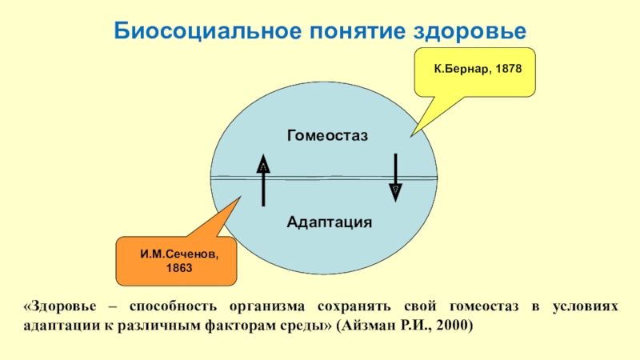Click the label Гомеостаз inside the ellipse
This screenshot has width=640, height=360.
pos(327,136)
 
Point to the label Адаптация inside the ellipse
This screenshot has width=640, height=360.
pos(330,221)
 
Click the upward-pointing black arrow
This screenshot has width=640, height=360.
pos(263,179)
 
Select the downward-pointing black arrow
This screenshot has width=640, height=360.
pos(395,177)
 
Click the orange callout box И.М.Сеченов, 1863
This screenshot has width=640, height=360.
pos(178,261)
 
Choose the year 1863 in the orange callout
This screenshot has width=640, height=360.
pos(179,268)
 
